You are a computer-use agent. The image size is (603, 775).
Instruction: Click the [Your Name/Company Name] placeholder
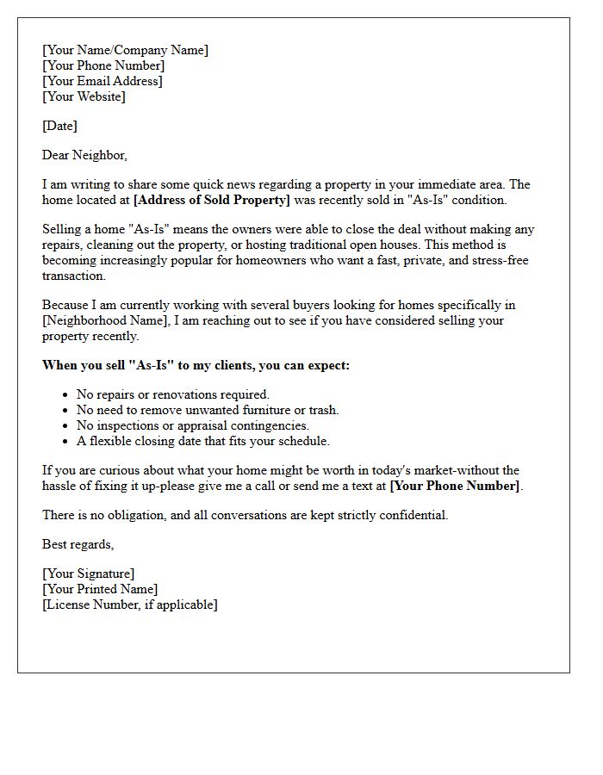tap(125, 50)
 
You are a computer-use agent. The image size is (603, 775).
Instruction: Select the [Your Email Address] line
tap(102, 81)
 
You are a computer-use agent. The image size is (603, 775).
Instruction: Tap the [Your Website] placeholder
tap(84, 96)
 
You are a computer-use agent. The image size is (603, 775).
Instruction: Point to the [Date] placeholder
tap(59, 126)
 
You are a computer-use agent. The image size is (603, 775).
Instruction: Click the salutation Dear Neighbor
tap(84, 155)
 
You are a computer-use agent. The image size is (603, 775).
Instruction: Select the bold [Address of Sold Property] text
tap(212, 200)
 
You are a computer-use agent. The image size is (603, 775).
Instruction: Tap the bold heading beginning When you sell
tap(196, 365)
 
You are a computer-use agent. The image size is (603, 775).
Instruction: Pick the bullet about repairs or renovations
tap(172, 394)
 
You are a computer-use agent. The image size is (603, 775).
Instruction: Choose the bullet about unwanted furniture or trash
tap(208, 410)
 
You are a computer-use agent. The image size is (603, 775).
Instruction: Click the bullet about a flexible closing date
tap(202, 441)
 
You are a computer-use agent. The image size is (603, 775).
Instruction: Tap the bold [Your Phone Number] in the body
tap(455, 486)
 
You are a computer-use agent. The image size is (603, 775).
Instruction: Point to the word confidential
tap(415, 515)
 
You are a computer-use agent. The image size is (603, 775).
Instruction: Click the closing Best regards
tap(78, 544)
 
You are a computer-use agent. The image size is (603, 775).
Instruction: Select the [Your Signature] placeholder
tap(89, 573)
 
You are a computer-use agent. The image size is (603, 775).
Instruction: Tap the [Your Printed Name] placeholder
tap(100, 589)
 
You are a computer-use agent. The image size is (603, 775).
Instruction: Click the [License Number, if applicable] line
tap(130, 604)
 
